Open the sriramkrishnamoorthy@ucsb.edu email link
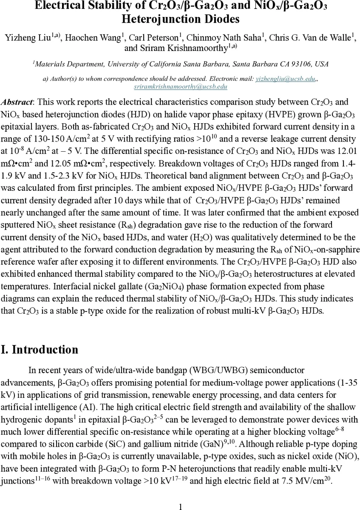click(x=180, y=86)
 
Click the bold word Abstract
click(x=17, y=102)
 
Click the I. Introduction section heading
click(x=40, y=350)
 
